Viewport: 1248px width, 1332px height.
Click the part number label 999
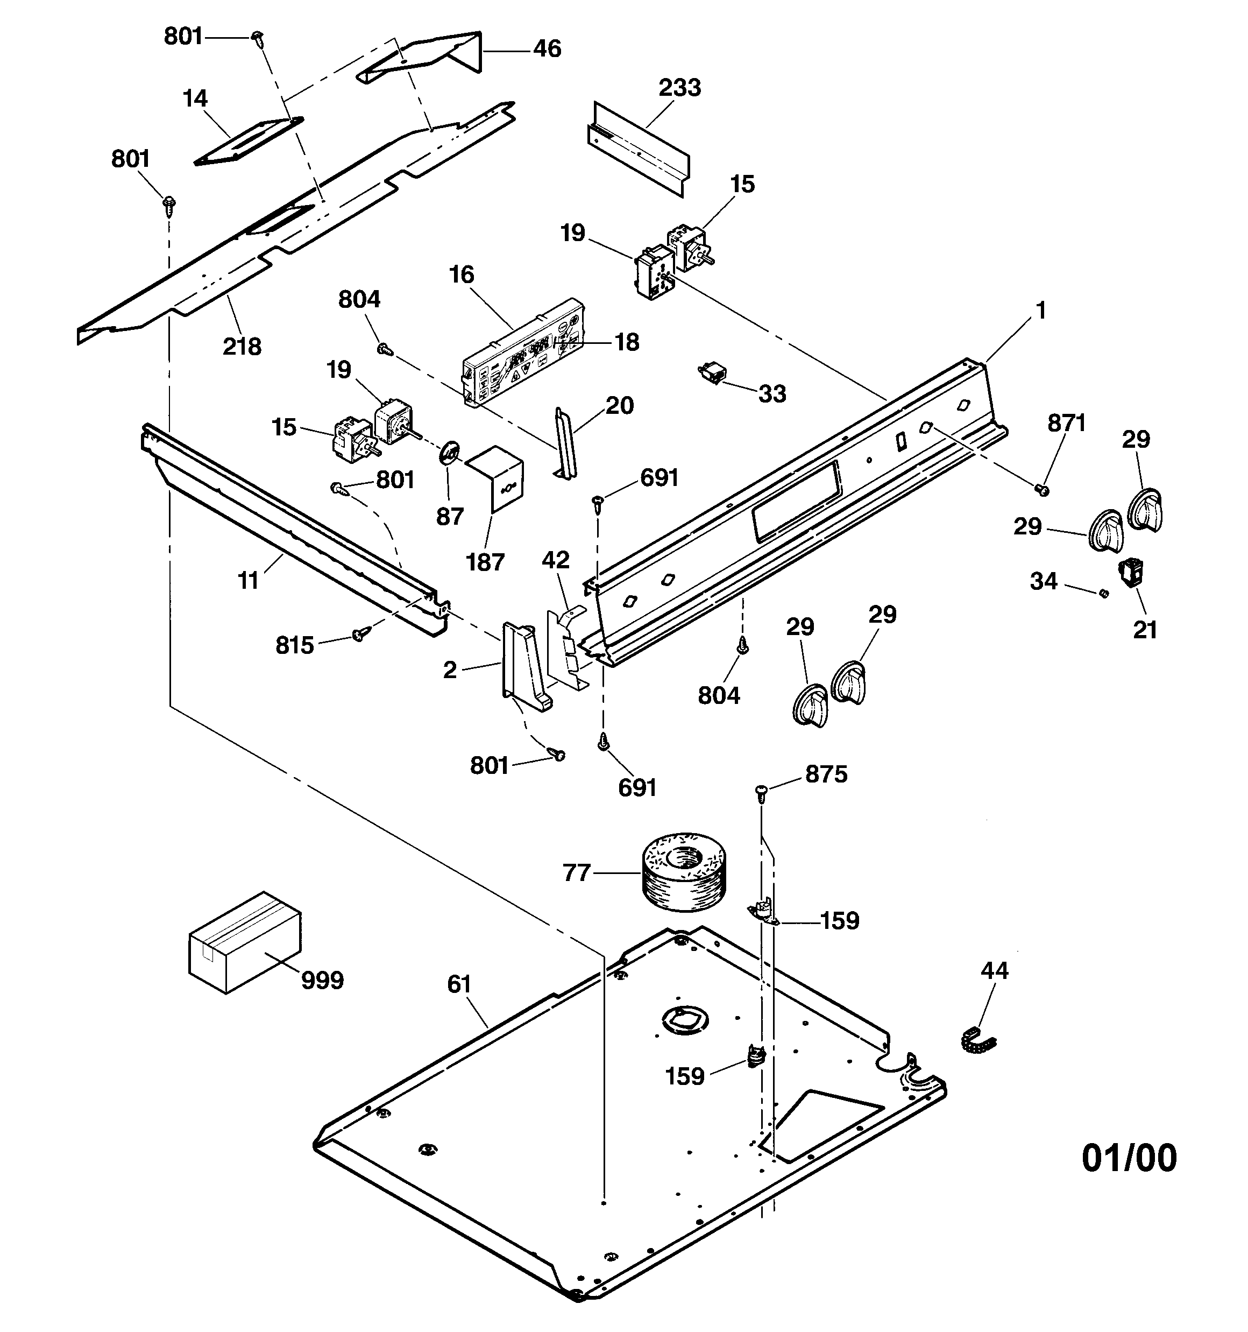tap(322, 980)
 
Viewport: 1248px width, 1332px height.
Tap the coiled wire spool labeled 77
tap(684, 872)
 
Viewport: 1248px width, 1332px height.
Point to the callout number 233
tap(679, 88)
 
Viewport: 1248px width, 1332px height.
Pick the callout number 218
tap(242, 347)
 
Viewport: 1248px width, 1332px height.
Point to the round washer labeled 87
tap(450, 452)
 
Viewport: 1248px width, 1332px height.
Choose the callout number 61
tap(459, 984)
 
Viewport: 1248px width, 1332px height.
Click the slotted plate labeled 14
tap(248, 142)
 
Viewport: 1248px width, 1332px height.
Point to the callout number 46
tap(547, 49)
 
